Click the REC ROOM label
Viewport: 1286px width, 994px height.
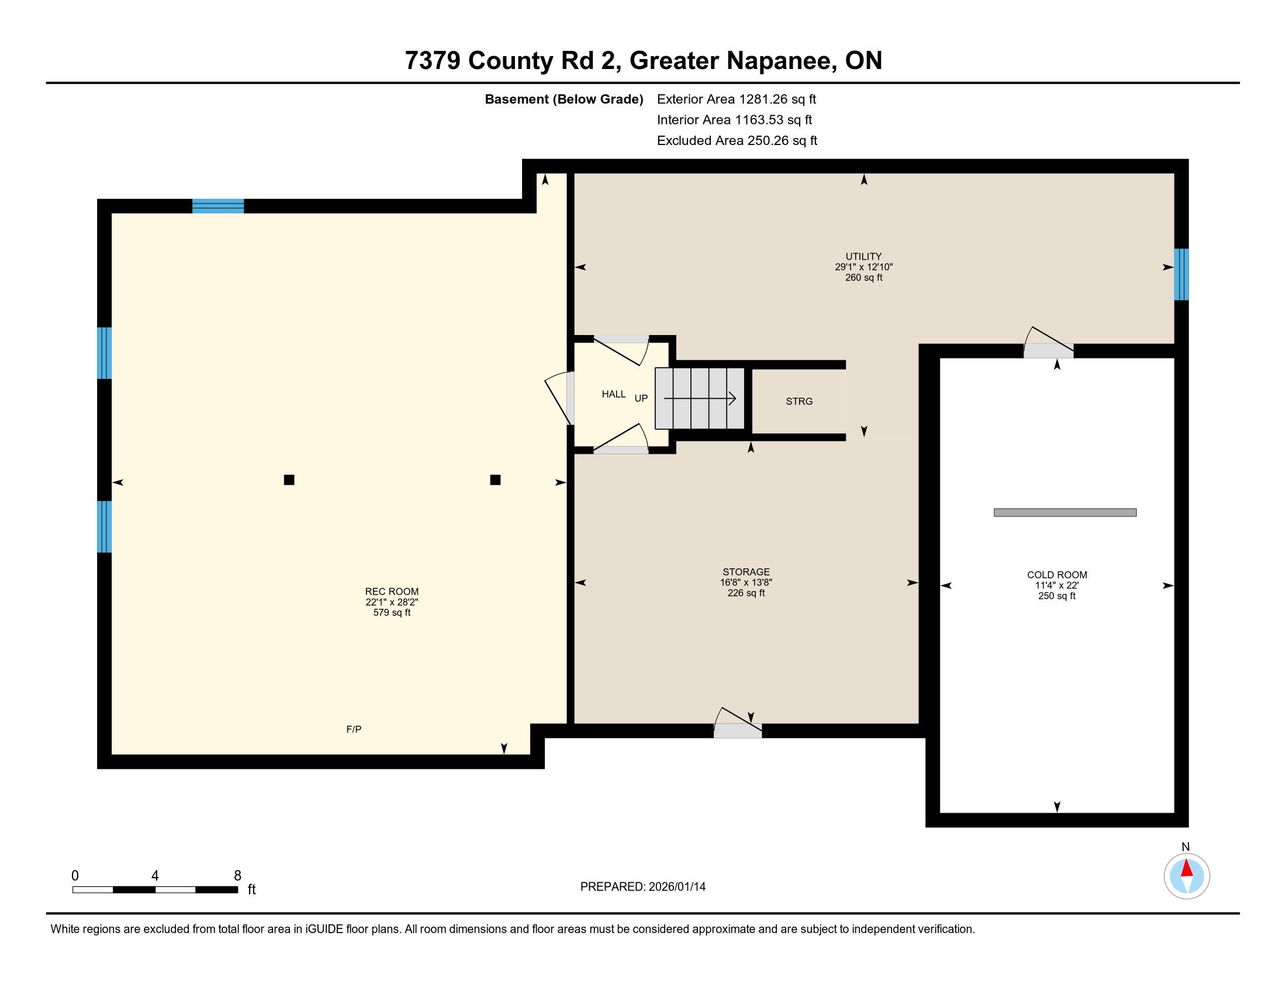(x=392, y=592)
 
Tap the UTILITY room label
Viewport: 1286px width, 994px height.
(x=863, y=256)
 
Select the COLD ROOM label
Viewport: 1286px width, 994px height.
(x=1057, y=575)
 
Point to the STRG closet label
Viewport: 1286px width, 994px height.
(x=799, y=402)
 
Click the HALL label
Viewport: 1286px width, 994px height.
(x=614, y=395)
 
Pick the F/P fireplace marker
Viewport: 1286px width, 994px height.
(x=354, y=730)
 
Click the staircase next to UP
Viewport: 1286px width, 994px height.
(x=700, y=399)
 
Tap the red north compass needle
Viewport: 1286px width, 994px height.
(x=1187, y=869)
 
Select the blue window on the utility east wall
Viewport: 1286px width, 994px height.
(x=1181, y=274)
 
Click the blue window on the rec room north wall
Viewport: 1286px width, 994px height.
(x=218, y=206)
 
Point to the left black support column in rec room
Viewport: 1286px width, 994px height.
(x=289, y=480)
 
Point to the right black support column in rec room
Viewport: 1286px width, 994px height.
(x=495, y=480)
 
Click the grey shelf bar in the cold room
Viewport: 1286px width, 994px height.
(x=1065, y=512)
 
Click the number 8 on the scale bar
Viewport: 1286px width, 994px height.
(x=238, y=876)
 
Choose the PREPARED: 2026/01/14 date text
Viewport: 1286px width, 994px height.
(x=643, y=887)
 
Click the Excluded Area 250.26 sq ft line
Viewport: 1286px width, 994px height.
(x=737, y=141)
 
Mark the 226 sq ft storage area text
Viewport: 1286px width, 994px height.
(x=746, y=593)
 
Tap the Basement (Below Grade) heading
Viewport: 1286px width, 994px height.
(x=564, y=99)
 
